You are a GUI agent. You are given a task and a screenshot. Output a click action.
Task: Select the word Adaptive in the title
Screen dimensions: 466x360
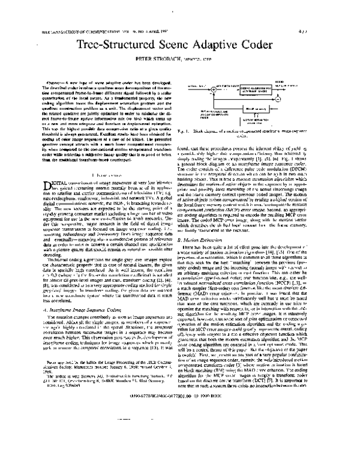click(222, 44)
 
